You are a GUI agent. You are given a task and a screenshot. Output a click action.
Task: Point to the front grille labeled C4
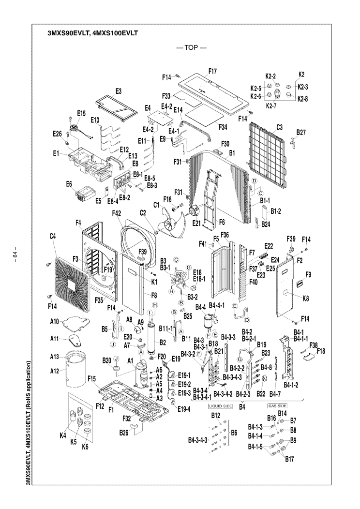71,284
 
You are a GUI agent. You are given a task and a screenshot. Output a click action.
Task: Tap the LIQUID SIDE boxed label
221,405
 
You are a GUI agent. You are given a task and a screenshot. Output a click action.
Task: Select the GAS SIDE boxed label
278,405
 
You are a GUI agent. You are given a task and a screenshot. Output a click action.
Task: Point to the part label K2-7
276,105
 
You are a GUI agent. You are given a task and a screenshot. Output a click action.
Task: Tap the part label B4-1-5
256,447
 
